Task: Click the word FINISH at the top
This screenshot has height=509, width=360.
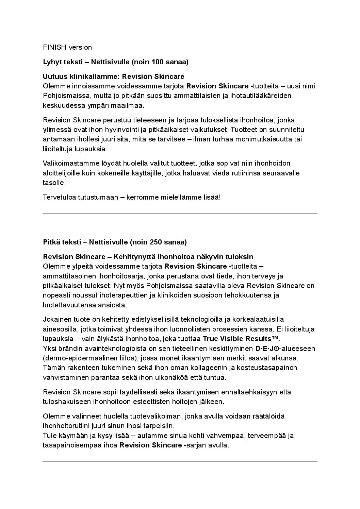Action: pyautogui.click(x=54, y=47)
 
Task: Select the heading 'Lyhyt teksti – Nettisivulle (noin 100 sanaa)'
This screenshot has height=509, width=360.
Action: pyautogui.click(x=116, y=62)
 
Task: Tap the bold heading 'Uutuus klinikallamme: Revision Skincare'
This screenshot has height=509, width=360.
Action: pyautogui.click(x=114, y=77)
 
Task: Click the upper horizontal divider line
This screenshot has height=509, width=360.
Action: pyautogui.click(x=180, y=214)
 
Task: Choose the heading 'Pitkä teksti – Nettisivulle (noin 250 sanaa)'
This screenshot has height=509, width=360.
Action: pyautogui.click(x=115, y=242)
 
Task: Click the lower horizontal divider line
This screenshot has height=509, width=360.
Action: pyautogui.click(x=180, y=461)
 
